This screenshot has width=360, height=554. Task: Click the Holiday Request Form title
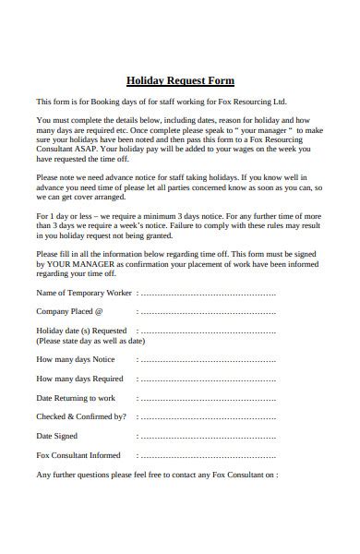pos(180,80)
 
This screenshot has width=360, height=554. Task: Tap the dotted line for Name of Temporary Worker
pos(208,293)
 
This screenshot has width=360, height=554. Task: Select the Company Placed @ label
pos(70,311)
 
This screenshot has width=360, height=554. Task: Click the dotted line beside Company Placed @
pos(208,312)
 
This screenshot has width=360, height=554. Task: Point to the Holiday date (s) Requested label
pos(81,330)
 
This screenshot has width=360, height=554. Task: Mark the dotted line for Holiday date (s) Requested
pos(208,331)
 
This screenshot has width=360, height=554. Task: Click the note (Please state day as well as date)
pos(90,340)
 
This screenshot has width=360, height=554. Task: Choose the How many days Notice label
pos(76,358)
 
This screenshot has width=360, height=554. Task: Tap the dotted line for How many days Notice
pos(208,359)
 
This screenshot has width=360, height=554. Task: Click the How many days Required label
pos(79,378)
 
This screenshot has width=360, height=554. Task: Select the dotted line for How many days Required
pos(208,379)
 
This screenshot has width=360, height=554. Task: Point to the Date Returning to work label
pos(76,397)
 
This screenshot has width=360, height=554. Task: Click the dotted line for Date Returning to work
pos(208,398)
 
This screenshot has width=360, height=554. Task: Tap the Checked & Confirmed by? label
pos(81,415)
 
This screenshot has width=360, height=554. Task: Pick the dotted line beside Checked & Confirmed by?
pos(208,417)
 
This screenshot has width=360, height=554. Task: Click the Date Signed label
pos(57,435)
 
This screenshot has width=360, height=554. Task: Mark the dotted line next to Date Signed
pos(208,437)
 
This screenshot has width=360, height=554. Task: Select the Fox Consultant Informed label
pos(78,454)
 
